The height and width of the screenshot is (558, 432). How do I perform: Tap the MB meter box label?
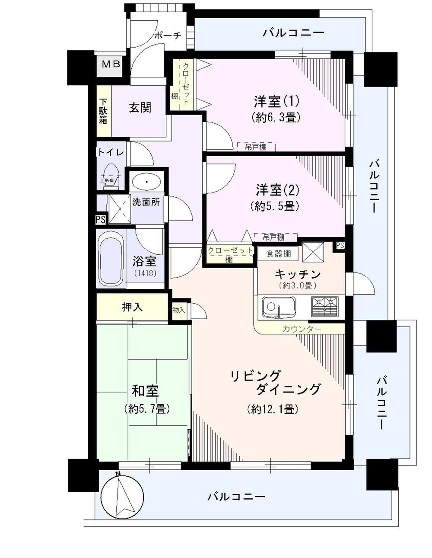pyautogui.click(x=111, y=64)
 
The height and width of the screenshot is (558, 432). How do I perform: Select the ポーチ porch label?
pyautogui.click(x=167, y=36)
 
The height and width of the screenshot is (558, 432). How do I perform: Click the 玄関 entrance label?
pyautogui.click(x=140, y=107)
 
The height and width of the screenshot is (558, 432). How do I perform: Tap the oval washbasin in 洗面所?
pyautogui.click(x=147, y=182)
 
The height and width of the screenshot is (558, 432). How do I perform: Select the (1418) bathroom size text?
pyautogui.click(x=145, y=273)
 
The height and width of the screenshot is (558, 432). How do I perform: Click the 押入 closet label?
pyautogui.click(x=132, y=307)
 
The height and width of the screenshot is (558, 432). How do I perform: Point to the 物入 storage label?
pyautogui.click(x=178, y=310)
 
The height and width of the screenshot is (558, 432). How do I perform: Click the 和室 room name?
pyautogui.click(x=145, y=391)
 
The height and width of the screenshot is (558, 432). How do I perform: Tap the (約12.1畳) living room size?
pyautogui.click(x=273, y=409)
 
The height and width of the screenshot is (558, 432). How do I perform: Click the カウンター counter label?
pyautogui.click(x=302, y=329)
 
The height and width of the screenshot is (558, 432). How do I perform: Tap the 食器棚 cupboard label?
pyautogui.click(x=279, y=254)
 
